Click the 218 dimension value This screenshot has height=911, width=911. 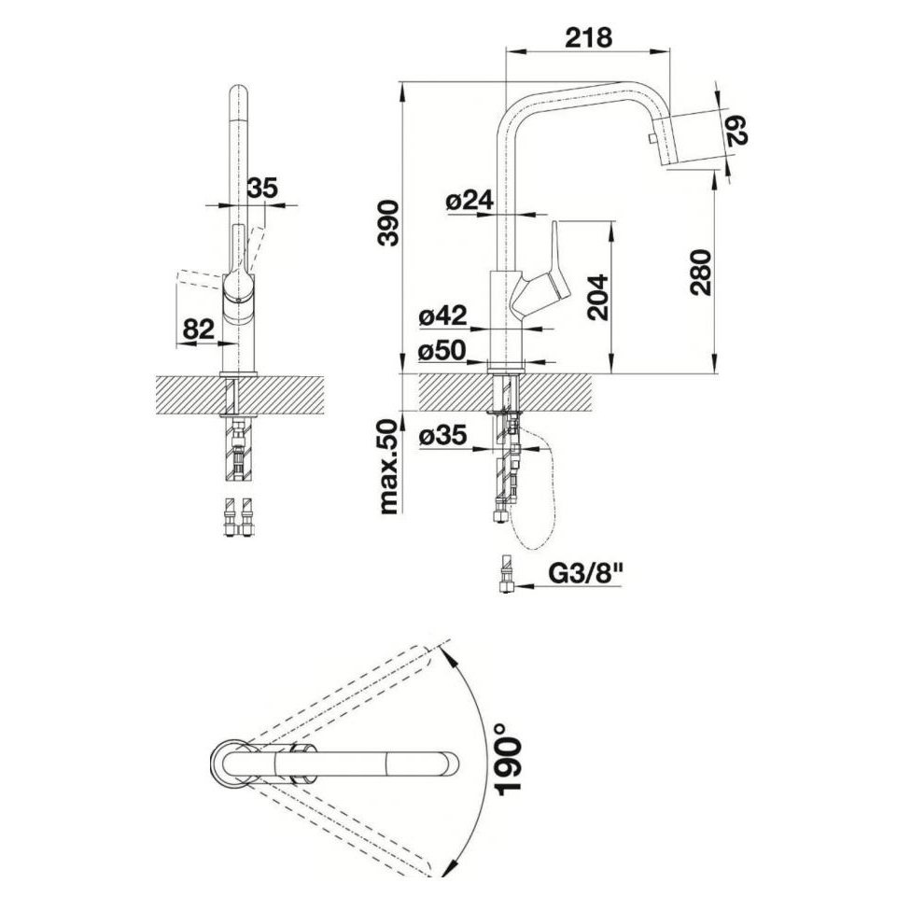[x=589, y=37]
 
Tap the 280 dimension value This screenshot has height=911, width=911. [x=701, y=273]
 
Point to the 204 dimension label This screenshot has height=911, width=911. [x=597, y=298]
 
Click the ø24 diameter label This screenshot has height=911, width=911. [x=470, y=201]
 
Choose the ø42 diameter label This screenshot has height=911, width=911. [x=443, y=316]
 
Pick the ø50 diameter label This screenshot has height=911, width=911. [x=443, y=350]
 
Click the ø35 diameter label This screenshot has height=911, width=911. [x=443, y=436]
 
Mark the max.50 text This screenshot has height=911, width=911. [x=388, y=467]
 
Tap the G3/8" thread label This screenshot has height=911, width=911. [x=585, y=575]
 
